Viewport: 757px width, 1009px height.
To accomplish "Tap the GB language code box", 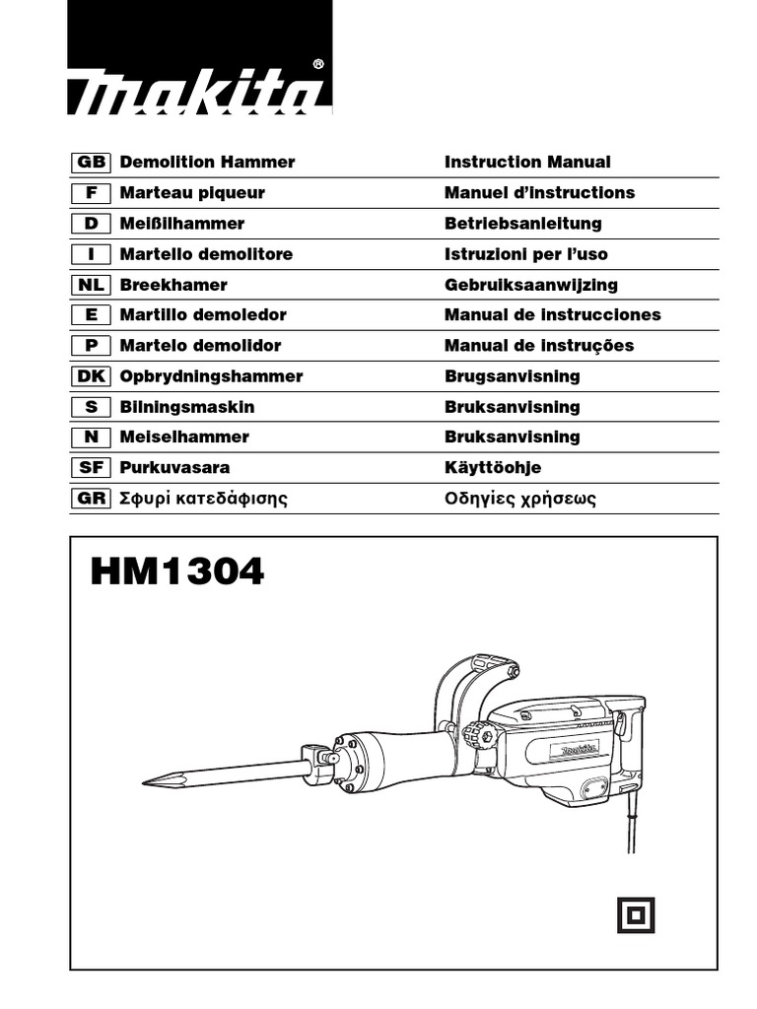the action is coord(92,162).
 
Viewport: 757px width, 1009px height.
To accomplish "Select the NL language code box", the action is coord(92,285).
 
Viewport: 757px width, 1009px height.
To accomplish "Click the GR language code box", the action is coord(92,499).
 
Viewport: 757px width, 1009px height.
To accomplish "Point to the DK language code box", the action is coord(92,376).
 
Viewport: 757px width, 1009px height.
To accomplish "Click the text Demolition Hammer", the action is coord(207,162).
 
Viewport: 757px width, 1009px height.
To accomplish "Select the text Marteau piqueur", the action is coord(192,192).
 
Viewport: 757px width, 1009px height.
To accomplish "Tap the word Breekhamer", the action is coord(173,285).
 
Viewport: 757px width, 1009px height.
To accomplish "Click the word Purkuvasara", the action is coord(174,468).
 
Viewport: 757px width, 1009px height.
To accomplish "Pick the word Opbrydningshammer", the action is coord(211,376).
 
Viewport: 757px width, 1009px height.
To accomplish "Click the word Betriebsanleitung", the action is coord(522,224).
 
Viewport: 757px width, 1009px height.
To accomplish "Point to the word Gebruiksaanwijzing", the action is coord(531,285).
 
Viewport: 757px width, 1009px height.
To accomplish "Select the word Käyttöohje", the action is coord(493,468).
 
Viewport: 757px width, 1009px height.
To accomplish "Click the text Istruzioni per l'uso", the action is coord(526,254).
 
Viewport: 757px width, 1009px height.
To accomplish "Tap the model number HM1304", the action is coord(177,572).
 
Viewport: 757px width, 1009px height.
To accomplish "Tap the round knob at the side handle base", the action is coord(478,734).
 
